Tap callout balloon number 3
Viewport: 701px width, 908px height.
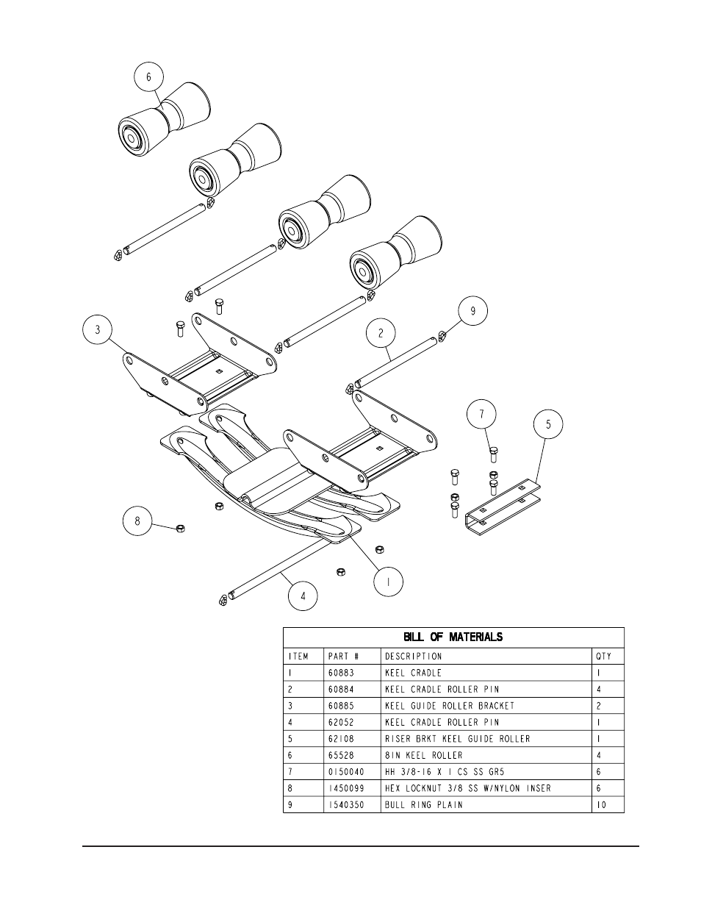(x=98, y=330)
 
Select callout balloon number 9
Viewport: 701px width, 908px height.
(x=473, y=311)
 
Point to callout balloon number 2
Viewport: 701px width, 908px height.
(x=381, y=333)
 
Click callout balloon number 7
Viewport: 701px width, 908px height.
(x=482, y=415)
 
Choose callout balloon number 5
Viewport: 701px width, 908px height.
(x=548, y=424)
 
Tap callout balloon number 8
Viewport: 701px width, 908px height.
(x=136, y=522)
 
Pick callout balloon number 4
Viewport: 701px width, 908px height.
(x=303, y=596)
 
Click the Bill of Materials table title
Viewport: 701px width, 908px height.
(x=453, y=637)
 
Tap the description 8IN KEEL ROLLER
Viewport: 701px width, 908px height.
(x=424, y=755)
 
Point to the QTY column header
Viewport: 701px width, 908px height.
(x=603, y=656)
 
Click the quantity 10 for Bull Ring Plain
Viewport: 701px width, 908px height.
(x=603, y=804)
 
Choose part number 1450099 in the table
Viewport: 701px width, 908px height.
(x=345, y=788)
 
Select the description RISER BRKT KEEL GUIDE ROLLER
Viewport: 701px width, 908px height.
(x=457, y=739)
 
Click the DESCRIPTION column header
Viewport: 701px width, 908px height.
(x=413, y=656)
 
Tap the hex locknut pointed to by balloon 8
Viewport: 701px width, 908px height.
(x=181, y=529)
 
